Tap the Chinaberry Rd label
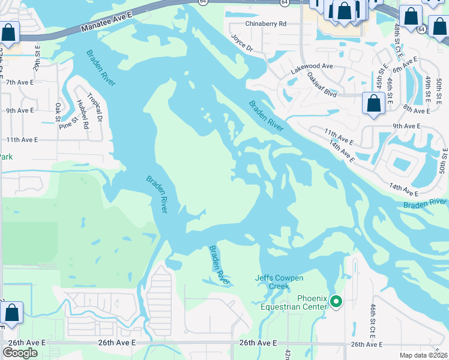[266, 23]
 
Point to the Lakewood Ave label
[312, 66]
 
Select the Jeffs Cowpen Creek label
[280, 282]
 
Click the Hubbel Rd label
[82, 117]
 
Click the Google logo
[20, 352]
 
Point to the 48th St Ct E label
[399, 42]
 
